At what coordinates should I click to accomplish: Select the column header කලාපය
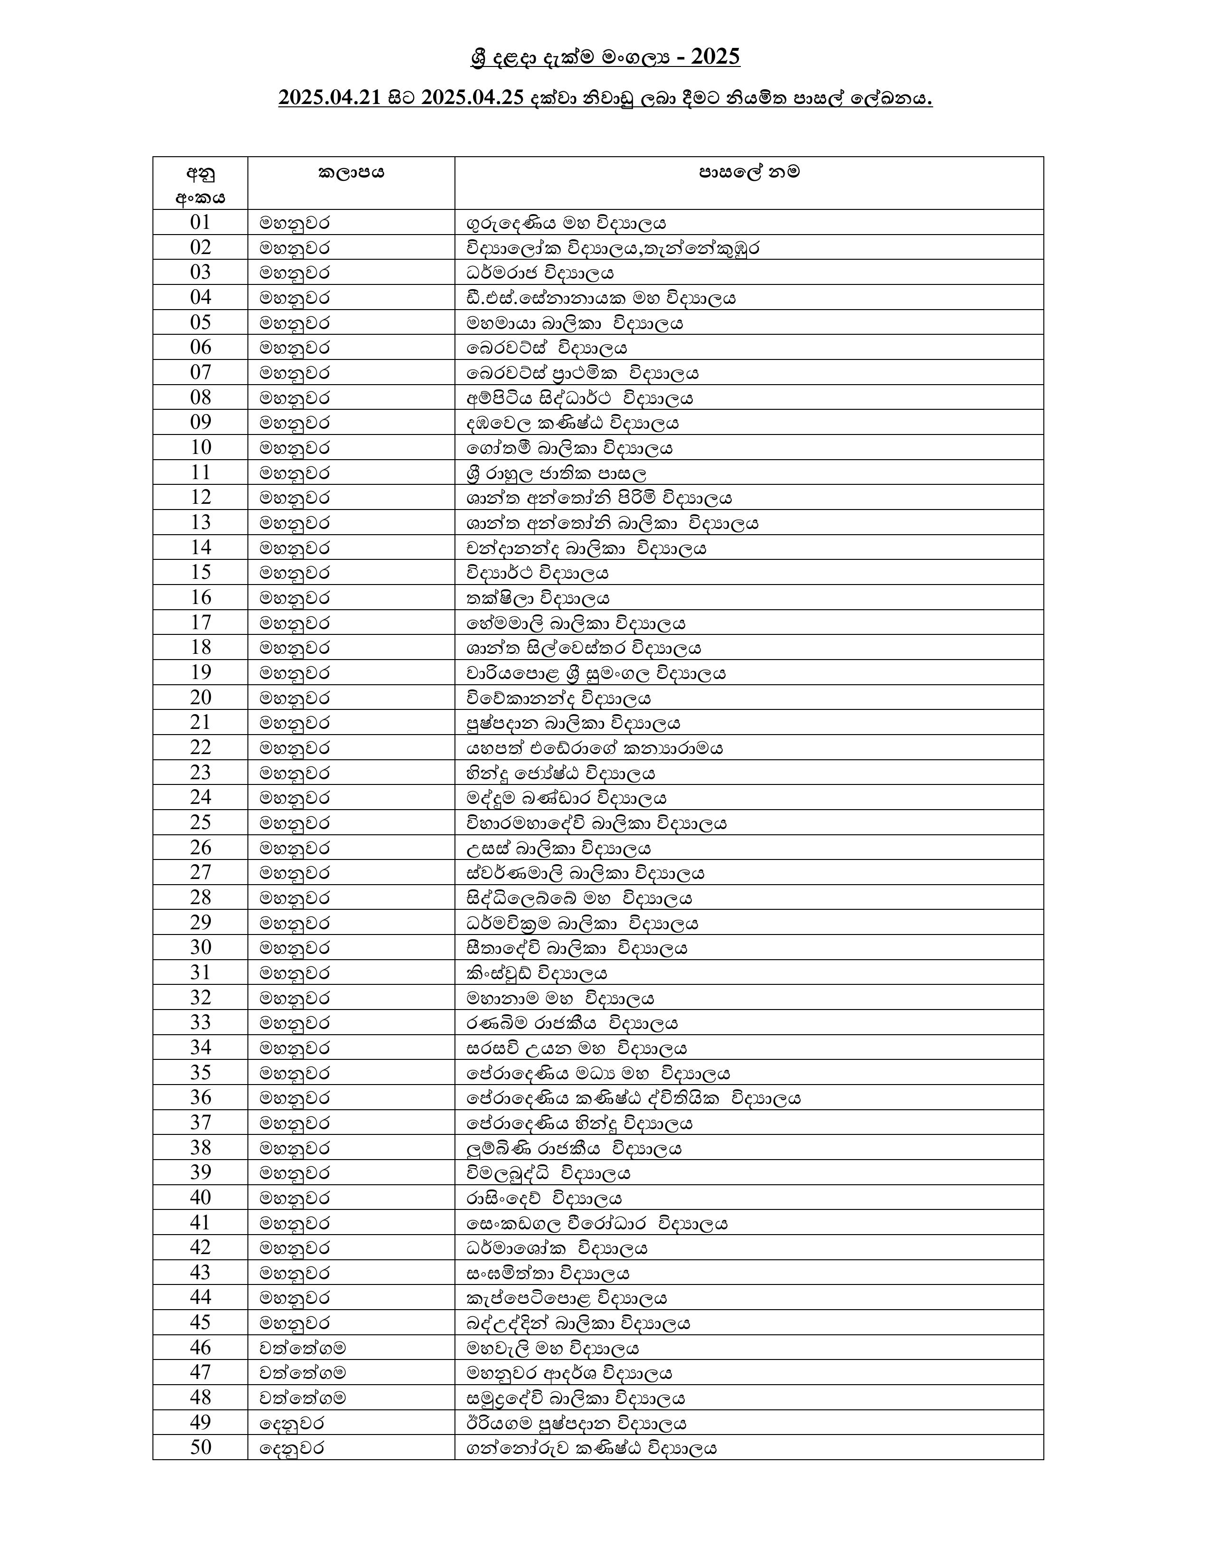[x=351, y=173]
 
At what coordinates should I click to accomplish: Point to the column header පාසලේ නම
[x=749, y=173]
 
